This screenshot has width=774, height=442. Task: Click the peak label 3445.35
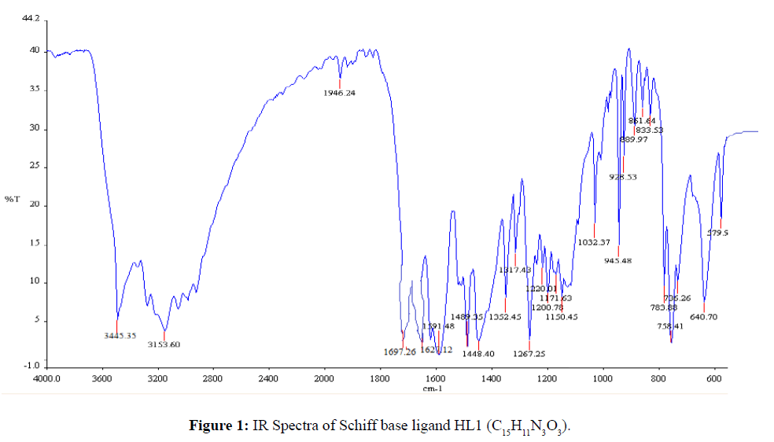tap(120, 336)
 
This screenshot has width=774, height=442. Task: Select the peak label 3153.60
tap(164, 344)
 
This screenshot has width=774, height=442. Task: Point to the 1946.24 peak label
tap(340, 93)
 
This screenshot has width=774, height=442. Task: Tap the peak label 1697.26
tap(400, 352)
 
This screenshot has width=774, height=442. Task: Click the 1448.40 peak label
tap(478, 354)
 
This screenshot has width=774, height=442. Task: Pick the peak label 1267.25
tap(529, 354)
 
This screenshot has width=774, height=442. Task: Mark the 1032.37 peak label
tap(594, 242)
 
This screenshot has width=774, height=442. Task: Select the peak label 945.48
tap(618, 261)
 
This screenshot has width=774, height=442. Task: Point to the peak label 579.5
tap(717, 233)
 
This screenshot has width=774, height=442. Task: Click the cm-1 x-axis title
tap(432, 389)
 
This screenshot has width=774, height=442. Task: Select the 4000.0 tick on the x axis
tap(46, 378)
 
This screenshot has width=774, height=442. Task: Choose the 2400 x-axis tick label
tap(268, 378)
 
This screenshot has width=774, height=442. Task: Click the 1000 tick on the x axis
tap(603, 378)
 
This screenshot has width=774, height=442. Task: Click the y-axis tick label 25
tap(33, 168)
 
